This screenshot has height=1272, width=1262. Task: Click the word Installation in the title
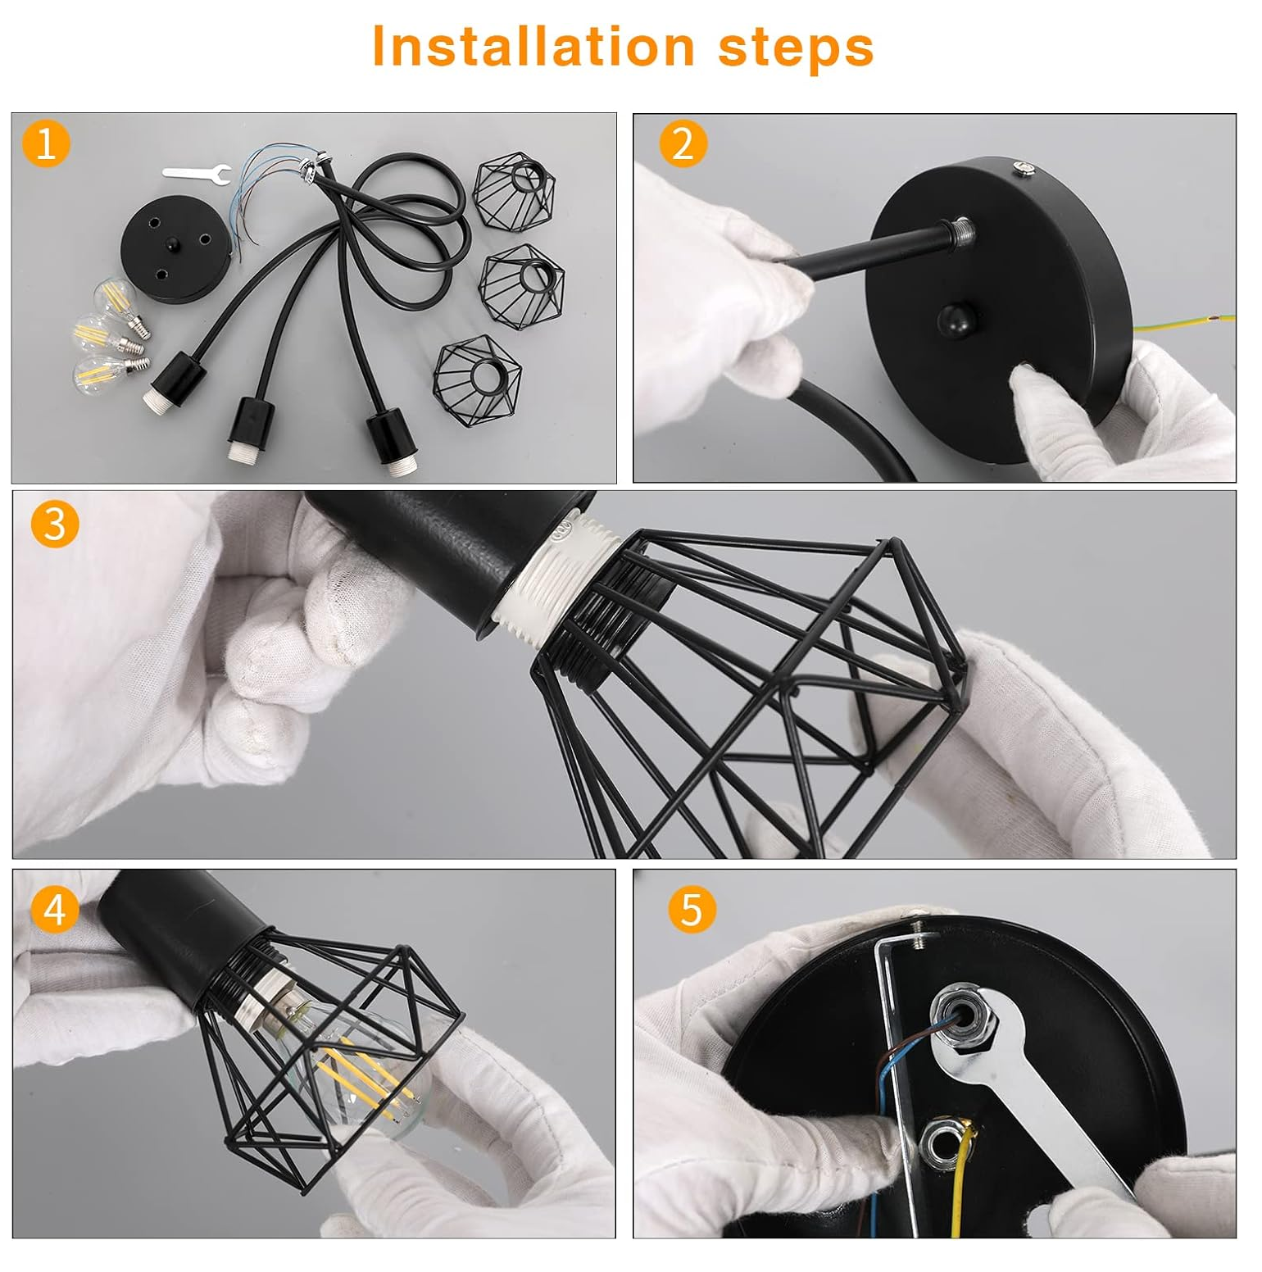pos(533,47)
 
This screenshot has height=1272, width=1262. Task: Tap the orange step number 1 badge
pos(46,143)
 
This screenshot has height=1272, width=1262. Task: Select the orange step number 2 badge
pos(683,143)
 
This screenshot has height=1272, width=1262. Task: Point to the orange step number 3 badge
pos(55,525)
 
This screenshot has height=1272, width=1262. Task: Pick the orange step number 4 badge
pos(55,909)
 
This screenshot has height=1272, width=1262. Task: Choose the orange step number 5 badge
pos(692,909)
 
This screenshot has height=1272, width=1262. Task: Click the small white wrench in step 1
pos(197,173)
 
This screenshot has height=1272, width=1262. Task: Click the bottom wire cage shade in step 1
pos(478,382)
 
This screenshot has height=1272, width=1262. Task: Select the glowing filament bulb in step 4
pos(369,1065)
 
